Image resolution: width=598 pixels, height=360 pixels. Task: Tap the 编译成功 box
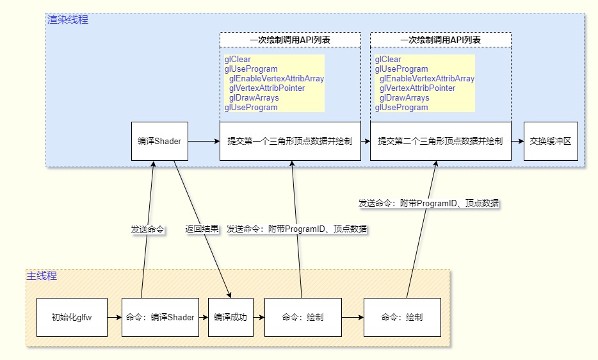click(230, 317)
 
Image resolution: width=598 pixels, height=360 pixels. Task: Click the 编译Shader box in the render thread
click(159, 141)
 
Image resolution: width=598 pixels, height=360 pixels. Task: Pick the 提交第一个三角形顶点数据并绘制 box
click(290, 141)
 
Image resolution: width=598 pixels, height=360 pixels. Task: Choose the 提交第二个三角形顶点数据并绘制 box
click(440, 141)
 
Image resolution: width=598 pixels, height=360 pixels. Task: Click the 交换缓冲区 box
click(550, 141)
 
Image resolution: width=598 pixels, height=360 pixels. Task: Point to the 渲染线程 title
click(68, 19)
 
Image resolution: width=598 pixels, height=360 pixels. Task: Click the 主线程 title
click(42, 276)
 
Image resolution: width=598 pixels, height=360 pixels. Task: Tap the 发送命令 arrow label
click(147, 229)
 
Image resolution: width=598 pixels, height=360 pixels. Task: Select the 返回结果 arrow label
click(202, 229)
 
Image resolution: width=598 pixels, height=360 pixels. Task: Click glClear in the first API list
click(238, 60)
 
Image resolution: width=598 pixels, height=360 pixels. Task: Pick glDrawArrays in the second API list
click(404, 98)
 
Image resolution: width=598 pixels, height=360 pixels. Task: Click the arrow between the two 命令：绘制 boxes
click(352, 317)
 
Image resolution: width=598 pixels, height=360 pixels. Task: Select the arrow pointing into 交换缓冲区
click(517, 141)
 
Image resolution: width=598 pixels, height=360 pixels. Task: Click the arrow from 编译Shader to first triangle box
click(204, 141)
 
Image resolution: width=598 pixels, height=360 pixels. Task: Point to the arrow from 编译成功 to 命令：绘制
click(259, 317)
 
